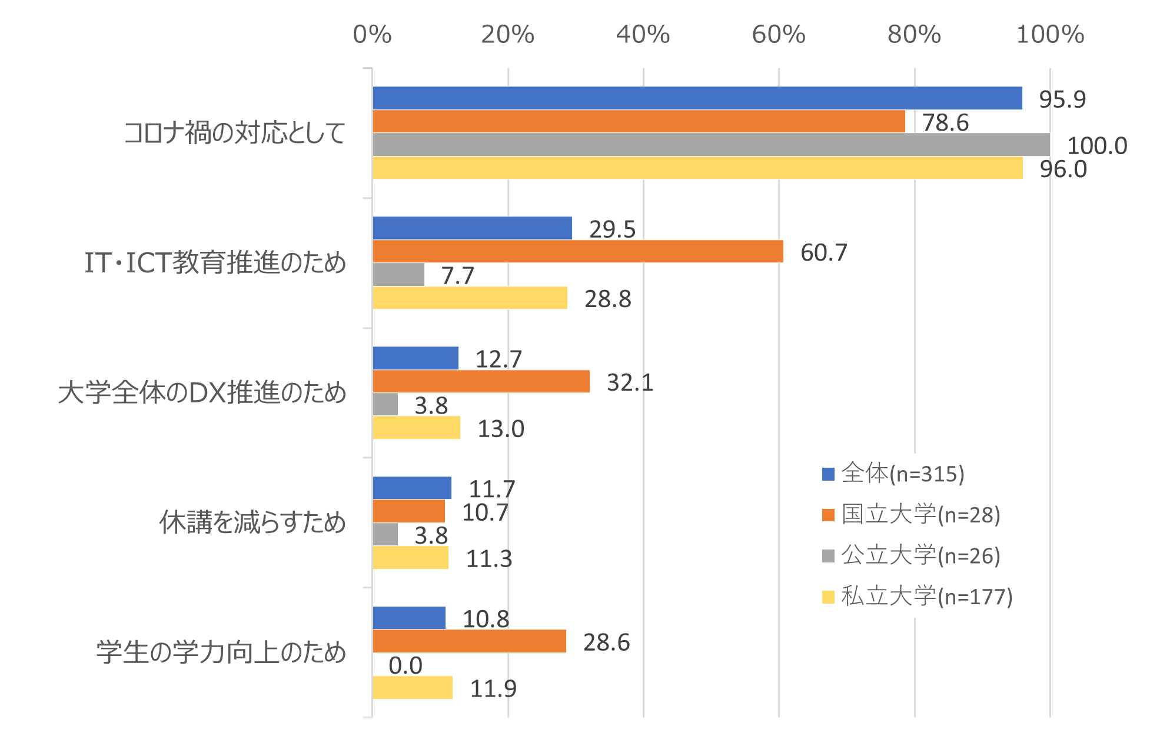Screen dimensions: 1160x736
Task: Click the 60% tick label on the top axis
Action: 779,35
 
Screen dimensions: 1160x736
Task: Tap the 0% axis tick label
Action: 372,35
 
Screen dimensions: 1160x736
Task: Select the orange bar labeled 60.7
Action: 578,251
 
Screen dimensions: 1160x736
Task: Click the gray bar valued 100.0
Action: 711,144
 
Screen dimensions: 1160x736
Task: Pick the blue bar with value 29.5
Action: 472,228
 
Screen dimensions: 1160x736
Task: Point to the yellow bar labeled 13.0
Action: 416,428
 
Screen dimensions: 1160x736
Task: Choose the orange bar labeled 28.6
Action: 469,641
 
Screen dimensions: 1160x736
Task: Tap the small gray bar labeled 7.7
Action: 398,274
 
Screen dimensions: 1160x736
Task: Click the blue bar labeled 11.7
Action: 412,488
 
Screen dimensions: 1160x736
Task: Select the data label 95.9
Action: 1062,99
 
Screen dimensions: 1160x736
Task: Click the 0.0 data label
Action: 405,665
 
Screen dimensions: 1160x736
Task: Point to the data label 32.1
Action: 630,382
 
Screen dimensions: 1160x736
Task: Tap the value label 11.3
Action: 488,558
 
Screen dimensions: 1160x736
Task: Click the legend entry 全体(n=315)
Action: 894,474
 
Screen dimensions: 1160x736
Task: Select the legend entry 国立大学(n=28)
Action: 912,515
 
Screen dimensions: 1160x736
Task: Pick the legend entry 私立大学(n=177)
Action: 918,597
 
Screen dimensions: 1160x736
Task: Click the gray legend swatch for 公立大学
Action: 829,556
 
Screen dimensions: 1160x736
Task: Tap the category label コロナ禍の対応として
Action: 235,133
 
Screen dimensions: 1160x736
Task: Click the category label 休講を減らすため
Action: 252,522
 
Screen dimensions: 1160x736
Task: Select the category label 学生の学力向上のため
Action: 221,652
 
